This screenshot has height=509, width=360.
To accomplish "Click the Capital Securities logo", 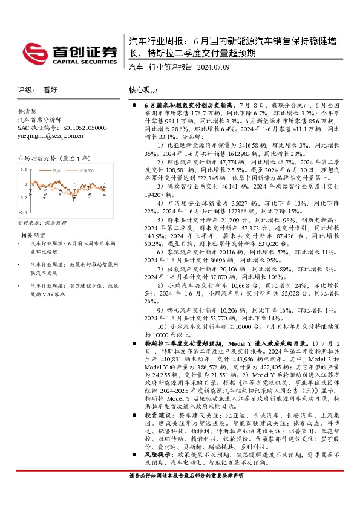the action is [70, 53].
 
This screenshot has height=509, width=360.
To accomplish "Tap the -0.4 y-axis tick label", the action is [22, 213].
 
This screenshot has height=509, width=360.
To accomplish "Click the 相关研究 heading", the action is [33, 235].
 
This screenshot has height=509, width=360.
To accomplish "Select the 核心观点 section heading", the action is [143, 89].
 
